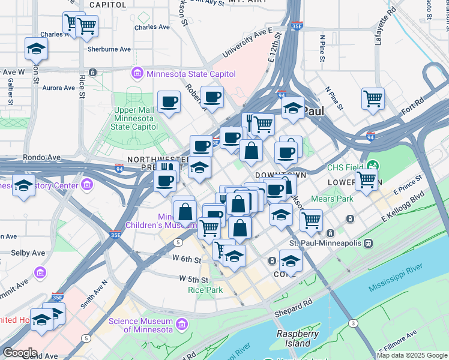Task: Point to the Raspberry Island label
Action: coord(294,338)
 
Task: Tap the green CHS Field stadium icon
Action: coord(373,165)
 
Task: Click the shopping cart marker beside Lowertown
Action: coord(366,178)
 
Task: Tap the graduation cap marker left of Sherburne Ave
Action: coord(36,48)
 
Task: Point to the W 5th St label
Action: coord(193,279)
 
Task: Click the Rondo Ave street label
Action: coord(41,157)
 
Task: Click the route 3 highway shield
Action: coord(354,323)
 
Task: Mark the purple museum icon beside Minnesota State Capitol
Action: coord(137,74)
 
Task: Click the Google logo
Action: coord(20,352)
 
